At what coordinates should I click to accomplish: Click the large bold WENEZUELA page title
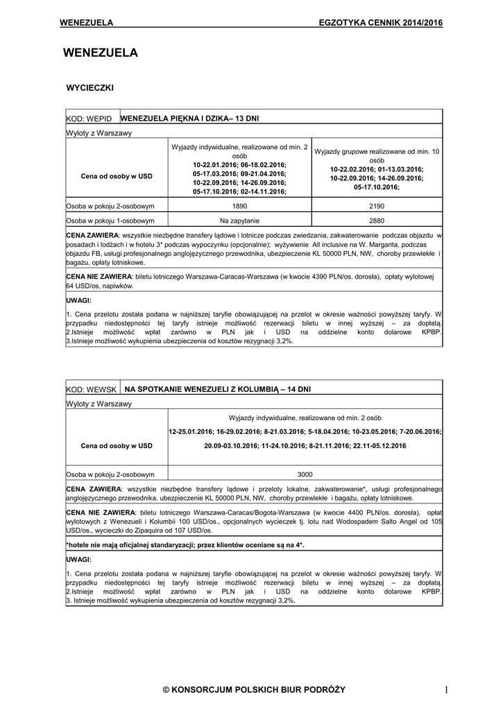pos(100,53)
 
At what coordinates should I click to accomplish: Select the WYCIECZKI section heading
pos(89,88)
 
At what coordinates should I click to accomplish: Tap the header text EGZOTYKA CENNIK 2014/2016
pos(380,23)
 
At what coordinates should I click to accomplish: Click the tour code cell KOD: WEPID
pos(89,119)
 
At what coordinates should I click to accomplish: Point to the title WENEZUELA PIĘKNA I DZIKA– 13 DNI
pos(189,119)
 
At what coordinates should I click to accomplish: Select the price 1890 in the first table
pos(239,207)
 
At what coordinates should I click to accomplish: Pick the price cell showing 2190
pos(377,207)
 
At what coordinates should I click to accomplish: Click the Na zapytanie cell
pos(239,221)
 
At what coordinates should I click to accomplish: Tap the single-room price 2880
pos(377,221)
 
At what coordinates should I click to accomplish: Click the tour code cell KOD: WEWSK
pos(90,390)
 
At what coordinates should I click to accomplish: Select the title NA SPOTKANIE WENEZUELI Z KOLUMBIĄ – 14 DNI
pos(217,390)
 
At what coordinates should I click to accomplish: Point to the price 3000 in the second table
pos(305,475)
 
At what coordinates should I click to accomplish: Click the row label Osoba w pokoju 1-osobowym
pos(110,221)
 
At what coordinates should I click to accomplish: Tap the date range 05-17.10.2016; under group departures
pos(376,187)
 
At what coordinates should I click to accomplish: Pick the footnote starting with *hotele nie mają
pos(185,545)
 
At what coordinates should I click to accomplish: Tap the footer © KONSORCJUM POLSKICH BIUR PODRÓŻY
pos(253,689)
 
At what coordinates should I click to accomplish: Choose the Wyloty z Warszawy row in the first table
pos(99,132)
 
